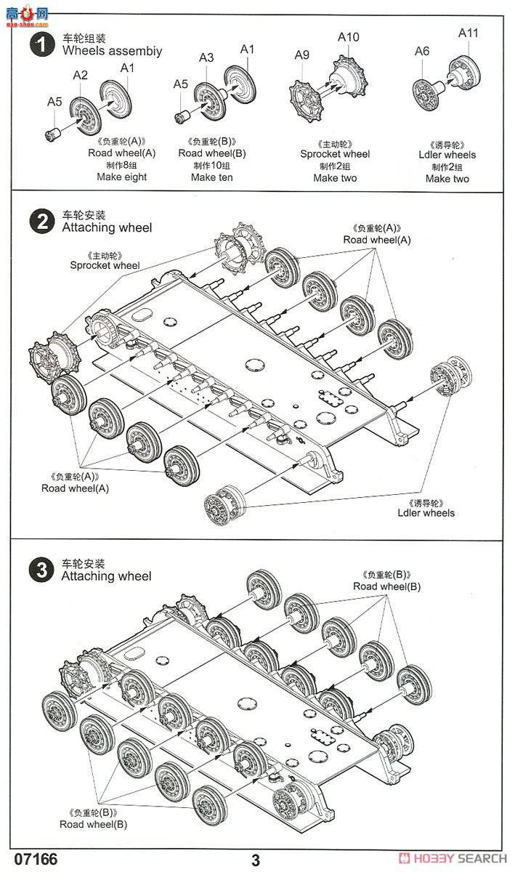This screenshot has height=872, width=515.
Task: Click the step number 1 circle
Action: coord(42,44)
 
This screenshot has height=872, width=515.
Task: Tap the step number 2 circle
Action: coord(42,222)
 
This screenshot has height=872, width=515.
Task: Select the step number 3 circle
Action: coord(42,570)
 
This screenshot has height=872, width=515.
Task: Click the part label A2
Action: coord(80,75)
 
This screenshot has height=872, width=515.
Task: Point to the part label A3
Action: coord(206,57)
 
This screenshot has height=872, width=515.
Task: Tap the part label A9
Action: coord(302,55)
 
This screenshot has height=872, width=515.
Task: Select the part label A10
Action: coord(349,37)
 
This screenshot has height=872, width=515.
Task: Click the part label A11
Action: coord(469,33)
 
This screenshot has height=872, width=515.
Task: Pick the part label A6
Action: coord(422,51)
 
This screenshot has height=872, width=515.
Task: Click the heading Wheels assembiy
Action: coord(112,51)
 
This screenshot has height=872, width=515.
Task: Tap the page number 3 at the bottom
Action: coord(256,860)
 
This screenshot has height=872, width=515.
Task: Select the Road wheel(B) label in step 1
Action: coord(212,153)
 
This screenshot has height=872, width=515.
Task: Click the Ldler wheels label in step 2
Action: coord(426,513)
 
